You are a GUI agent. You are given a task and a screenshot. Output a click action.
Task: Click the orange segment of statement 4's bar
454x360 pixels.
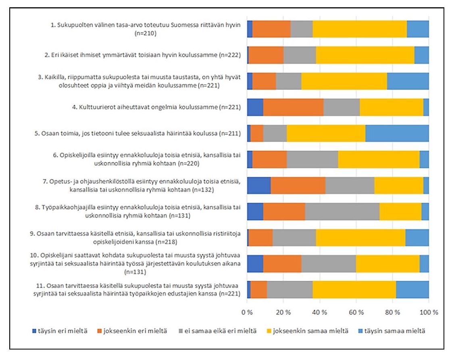(x=293, y=107)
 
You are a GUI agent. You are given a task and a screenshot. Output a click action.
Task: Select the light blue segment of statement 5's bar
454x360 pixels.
(x=397, y=133)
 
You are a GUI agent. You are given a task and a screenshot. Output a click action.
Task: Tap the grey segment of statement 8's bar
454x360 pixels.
(x=342, y=211)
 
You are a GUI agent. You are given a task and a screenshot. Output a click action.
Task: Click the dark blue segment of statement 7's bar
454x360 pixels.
(x=259, y=185)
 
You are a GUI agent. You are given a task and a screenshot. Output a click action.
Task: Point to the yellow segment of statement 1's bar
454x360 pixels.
(x=360, y=29)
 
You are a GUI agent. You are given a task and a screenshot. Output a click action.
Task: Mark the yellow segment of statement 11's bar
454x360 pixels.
(x=354, y=290)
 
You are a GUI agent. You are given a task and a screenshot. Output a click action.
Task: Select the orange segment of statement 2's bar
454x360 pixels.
(x=266, y=55)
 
